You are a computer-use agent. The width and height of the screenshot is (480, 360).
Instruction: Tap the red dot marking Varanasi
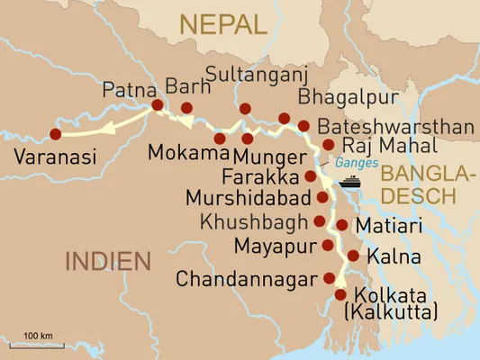(x=56, y=134)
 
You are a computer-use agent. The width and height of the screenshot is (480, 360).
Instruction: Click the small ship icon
(x=349, y=182)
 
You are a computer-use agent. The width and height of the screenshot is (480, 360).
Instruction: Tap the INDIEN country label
(x=105, y=262)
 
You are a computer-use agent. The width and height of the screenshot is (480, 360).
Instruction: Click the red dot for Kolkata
(x=340, y=294)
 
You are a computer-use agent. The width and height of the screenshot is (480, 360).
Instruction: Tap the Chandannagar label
(x=247, y=279)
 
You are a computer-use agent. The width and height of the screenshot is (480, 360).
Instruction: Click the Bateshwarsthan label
(x=396, y=127)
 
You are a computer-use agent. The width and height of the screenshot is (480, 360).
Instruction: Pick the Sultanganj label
(x=250, y=73)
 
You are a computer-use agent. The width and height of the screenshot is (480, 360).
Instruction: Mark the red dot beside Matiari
(x=342, y=225)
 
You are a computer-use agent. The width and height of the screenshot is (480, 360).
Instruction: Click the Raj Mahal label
(x=389, y=146)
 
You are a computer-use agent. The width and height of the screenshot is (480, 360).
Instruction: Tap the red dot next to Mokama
(x=220, y=138)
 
